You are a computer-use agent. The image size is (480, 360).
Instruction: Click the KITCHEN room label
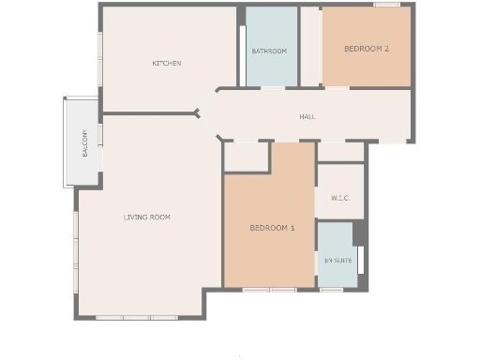(167, 64)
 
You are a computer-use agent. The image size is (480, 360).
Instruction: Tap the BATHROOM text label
(269, 51)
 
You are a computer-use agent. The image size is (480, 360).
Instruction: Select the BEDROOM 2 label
(367, 49)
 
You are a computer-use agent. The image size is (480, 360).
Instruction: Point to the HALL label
(307, 117)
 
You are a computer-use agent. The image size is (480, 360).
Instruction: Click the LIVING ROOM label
(147, 217)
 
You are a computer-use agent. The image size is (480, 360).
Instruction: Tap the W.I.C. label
(340, 199)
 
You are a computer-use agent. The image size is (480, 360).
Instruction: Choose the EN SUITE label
(336, 259)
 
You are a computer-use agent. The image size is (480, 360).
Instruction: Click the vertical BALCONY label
(85, 143)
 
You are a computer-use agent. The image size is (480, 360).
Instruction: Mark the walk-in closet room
(340, 183)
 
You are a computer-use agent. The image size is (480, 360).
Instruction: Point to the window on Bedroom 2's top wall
(386, 6)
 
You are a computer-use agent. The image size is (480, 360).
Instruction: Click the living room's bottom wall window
(136, 318)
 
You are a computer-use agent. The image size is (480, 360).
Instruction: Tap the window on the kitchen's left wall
(100, 58)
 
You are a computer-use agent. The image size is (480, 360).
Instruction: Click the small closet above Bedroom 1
(247, 157)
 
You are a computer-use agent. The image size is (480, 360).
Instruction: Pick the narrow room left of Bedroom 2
(310, 47)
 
